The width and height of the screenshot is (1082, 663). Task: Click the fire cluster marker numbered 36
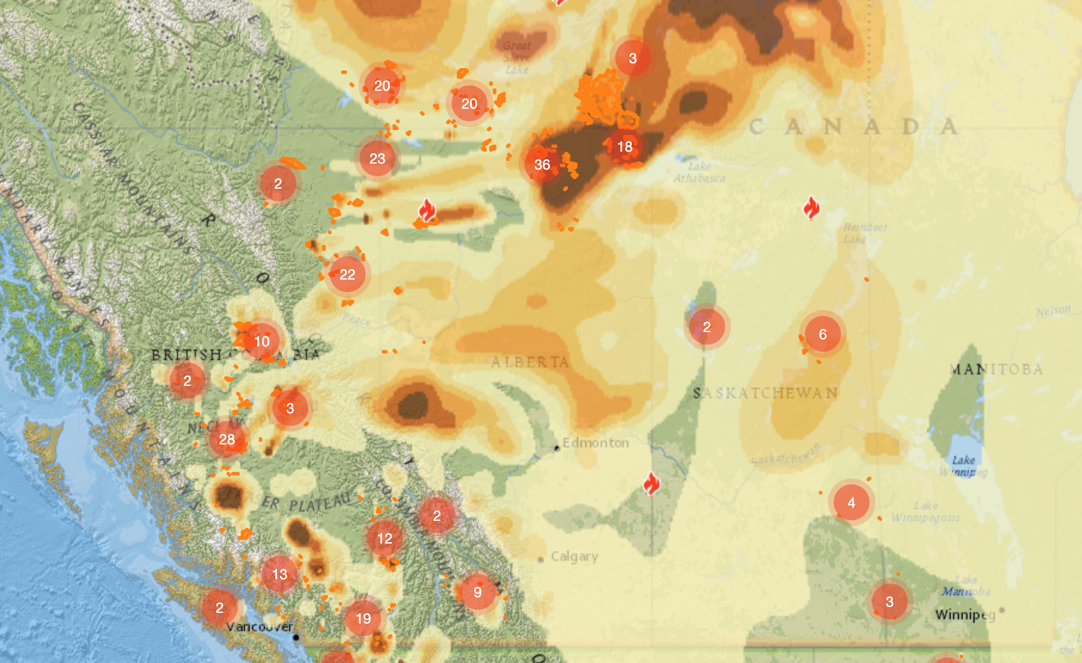pyautogui.click(x=542, y=164)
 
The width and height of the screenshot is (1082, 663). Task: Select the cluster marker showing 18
pyautogui.click(x=625, y=146)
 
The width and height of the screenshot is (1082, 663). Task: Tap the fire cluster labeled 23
pyautogui.click(x=377, y=158)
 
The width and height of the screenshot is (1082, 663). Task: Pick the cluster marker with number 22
pyautogui.click(x=348, y=274)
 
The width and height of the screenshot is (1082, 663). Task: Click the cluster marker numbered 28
pyautogui.click(x=227, y=439)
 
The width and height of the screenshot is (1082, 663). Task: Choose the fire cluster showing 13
pyautogui.click(x=279, y=574)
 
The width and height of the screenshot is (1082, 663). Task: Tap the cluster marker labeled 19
pyautogui.click(x=363, y=618)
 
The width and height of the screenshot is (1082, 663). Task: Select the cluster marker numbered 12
pyautogui.click(x=385, y=538)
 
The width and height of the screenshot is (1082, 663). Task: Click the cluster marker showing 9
pyautogui.click(x=478, y=592)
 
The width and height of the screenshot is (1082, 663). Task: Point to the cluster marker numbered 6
pyautogui.click(x=823, y=334)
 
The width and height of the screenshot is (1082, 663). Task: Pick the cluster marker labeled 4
pyautogui.click(x=852, y=502)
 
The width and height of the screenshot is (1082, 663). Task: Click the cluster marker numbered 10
pyautogui.click(x=262, y=341)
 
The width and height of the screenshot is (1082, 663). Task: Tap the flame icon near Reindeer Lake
pyautogui.click(x=811, y=208)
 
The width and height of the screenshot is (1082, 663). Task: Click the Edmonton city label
pyautogui.click(x=595, y=443)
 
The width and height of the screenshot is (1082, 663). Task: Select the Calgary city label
pyautogui.click(x=574, y=556)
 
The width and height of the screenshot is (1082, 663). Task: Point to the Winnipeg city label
pyautogui.click(x=965, y=614)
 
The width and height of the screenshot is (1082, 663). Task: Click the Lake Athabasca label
pyautogui.click(x=699, y=172)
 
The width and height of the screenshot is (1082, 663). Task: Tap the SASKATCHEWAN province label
pyautogui.click(x=766, y=393)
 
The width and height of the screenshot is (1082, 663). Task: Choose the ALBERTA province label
pyautogui.click(x=530, y=362)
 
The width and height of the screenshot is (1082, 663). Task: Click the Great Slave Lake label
pyautogui.click(x=517, y=57)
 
